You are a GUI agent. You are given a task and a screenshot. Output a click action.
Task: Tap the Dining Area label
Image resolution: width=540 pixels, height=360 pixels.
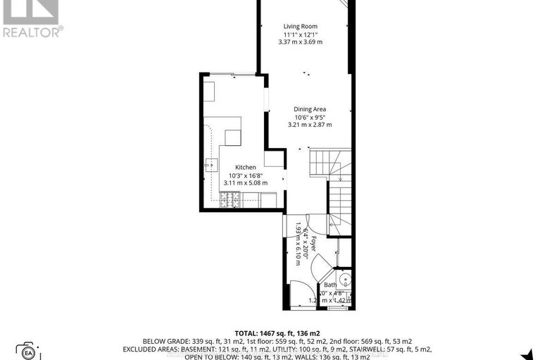point(310,109)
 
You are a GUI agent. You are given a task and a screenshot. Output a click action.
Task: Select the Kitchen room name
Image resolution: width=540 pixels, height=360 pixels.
point(236,167)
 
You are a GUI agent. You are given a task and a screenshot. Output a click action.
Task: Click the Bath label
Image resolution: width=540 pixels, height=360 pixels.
point(330,285)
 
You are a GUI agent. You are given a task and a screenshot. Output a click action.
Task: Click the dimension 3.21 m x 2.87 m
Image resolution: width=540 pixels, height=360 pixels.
point(310,125)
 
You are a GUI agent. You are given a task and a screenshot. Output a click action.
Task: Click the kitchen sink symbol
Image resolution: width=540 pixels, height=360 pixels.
point(211,166)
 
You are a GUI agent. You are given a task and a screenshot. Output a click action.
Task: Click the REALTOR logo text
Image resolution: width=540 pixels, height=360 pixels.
point(32,31)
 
